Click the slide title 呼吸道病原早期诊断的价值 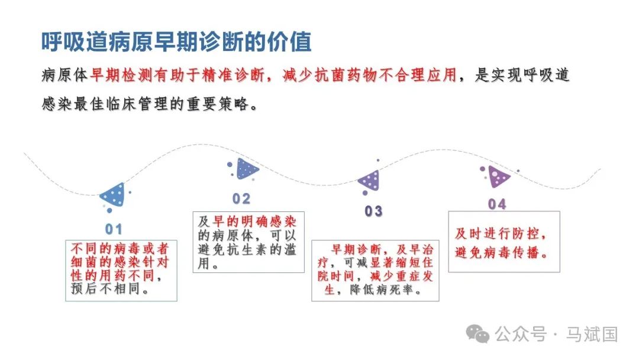[176, 42]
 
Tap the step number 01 [114, 229]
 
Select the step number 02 [241, 198]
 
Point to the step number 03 [373, 211]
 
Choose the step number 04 [497, 204]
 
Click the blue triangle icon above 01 [114, 195]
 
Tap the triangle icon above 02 [246, 169]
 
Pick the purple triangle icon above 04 [498, 176]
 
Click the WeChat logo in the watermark [477, 334]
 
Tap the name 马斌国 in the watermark [592, 334]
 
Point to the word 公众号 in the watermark [521, 334]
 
